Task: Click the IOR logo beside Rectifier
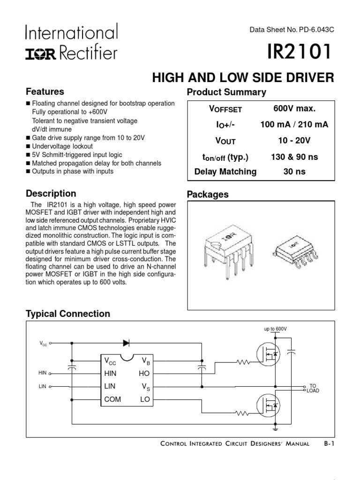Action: pos(40,55)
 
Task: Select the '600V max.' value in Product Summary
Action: pos(294,109)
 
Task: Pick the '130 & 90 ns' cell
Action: pos(294,157)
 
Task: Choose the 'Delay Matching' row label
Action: pos(225,172)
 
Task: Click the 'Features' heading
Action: pos(45,91)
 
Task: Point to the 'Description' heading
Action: pos(51,193)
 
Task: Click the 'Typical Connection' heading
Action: pos(68,314)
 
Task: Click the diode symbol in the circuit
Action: pos(126,343)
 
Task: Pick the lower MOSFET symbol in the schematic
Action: pos(268,404)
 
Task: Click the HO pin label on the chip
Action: pos(143,374)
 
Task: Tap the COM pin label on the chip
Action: pos(112,399)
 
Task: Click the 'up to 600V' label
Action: pos(275,329)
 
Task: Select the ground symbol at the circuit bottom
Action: pos(275,427)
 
